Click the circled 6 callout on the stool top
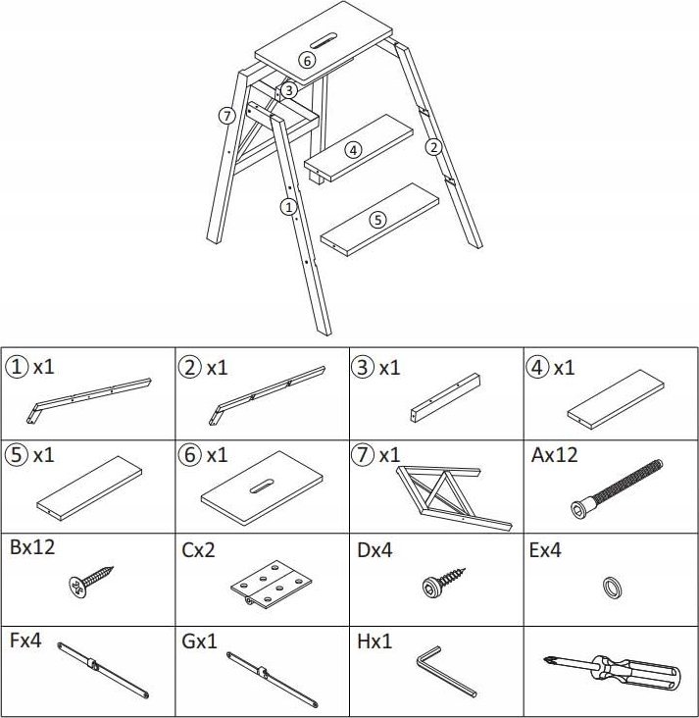pyautogui.click(x=307, y=60)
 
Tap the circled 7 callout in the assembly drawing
pyautogui.click(x=226, y=116)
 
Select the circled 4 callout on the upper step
pyautogui.click(x=353, y=150)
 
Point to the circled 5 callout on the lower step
pyautogui.click(x=377, y=220)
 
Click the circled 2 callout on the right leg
pyautogui.click(x=433, y=147)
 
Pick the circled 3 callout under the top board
pyautogui.click(x=288, y=90)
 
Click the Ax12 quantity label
pyautogui.click(x=554, y=455)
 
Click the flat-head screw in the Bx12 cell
pyautogui.click(x=91, y=581)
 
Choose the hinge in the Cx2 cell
pyautogui.click(x=271, y=584)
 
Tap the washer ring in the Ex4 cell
pyautogui.click(x=613, y=587)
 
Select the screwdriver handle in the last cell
pyautogui.click(x=636, y=673)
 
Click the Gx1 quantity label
pyautogui.click(x=199, y=641)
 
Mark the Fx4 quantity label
pyautogui.click(x=25, y=641)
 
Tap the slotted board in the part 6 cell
pyautogui.click(x=262, y=488)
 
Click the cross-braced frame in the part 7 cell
pyautogui.click(x=454, y=498)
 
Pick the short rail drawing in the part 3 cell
pyautogui.click(x=445, y=397)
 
